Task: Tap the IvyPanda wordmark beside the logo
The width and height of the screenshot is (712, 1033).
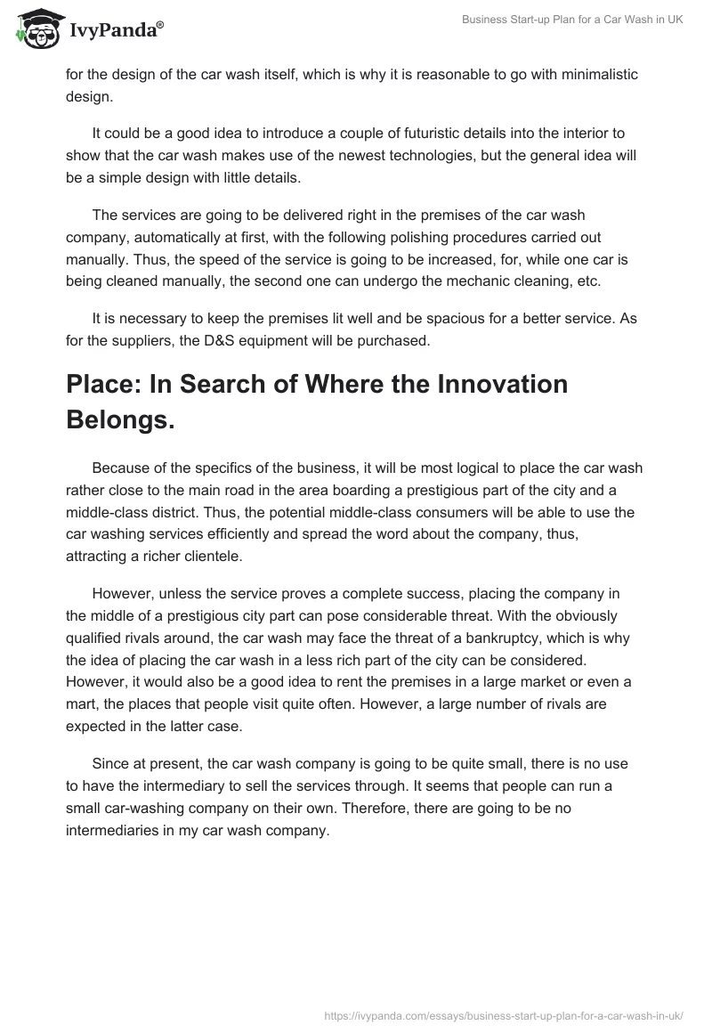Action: point(117,32)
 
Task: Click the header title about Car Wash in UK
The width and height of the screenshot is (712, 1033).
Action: point(572,20)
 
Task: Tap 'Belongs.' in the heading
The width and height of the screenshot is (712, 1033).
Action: point(120,420)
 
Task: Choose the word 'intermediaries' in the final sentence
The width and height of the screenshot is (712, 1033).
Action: point(111,831)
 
